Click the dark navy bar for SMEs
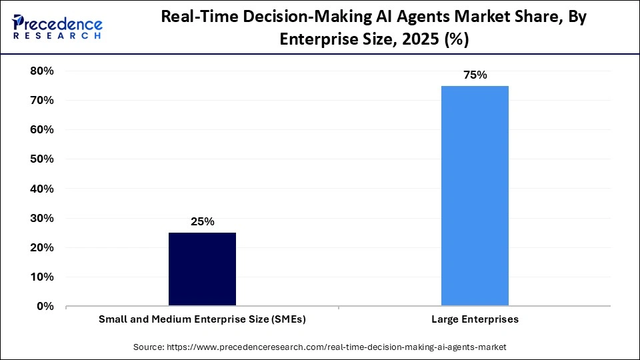pyautogui.click(x=202, y=269)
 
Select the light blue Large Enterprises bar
pyautogui.click(x=475, y=196)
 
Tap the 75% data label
pyautogui.click(x=475, y=75)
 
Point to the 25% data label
pyautogui.click(x=202, y=222)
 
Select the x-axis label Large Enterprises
pyautogui.click(x=475, y=319)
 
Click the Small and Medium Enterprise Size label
pyautogui.click(x=202, y=319)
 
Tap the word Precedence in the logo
pyautogui.click(x=64, y=23)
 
